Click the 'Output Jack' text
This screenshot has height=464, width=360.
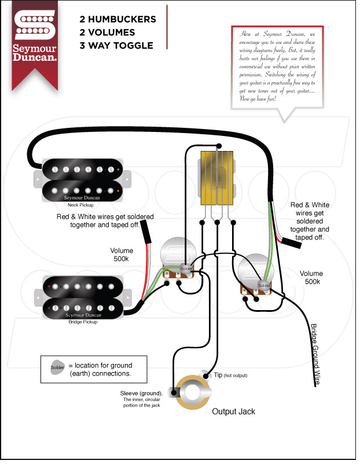233,411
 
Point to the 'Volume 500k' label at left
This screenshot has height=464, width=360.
122,255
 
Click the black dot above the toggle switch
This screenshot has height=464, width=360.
219,146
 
